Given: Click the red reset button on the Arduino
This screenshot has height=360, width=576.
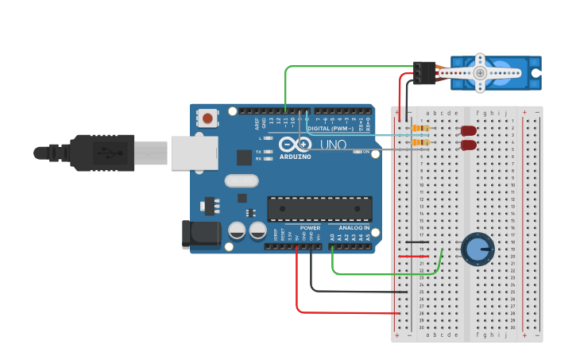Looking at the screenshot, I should (x=207, y=118).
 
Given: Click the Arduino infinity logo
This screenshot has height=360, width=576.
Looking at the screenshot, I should (x=296, y=145).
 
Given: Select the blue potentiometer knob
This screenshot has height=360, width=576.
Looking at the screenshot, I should (x=477, y=250).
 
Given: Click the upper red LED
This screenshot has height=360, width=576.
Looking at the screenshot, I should (x=469, y=130).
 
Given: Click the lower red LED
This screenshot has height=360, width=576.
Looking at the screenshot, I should (x=469, y=145).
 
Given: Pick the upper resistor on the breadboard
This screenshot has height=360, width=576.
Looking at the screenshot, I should (x=420, y=129).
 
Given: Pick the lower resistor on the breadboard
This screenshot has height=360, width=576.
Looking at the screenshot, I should (x=420, y=143).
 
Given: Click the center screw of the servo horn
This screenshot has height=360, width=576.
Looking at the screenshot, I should (x=480, y=72).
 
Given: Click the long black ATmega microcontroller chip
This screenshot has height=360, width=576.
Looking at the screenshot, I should (x=319, y=208).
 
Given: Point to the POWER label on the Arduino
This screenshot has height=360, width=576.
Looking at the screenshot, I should (x=310, y=228).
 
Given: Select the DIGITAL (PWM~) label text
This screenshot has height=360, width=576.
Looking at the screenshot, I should (x=330, y=128).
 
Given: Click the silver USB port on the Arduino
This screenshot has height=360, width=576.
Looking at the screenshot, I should (x=193, y=151).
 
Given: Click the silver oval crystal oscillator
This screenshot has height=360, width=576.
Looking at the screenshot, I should (x=241, y=180).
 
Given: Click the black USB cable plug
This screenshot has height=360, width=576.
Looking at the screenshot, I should (x=103, y=153).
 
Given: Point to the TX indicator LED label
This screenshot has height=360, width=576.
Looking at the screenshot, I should (x=259, y=151).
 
